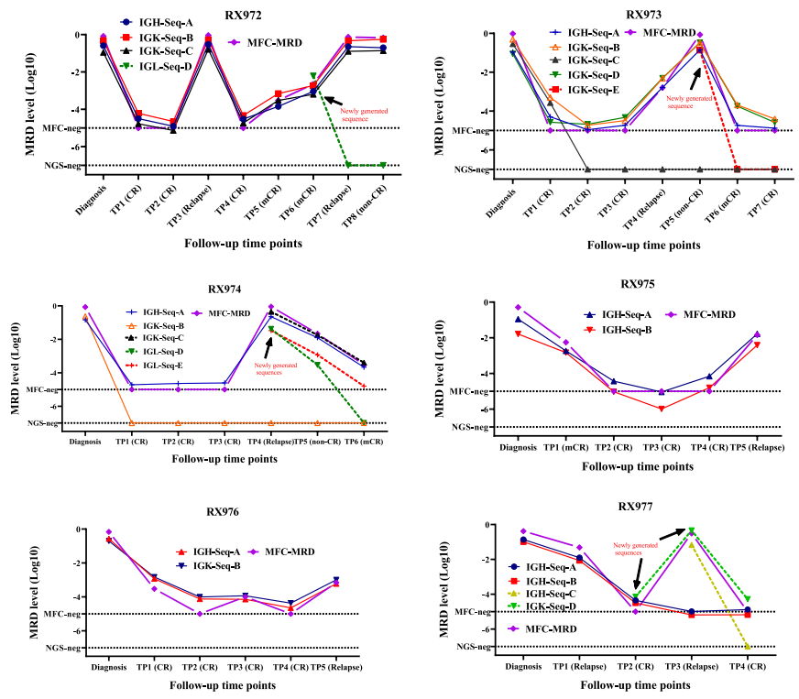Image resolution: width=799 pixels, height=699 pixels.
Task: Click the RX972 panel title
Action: click(244, 15)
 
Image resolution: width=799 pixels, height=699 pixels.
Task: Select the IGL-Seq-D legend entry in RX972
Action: click(158, 66)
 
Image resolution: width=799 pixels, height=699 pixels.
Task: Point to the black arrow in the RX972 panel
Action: click(333, 103)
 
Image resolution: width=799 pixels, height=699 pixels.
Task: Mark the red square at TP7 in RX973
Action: click(775, 169)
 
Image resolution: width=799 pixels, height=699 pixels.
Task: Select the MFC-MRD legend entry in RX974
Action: click(226, 313)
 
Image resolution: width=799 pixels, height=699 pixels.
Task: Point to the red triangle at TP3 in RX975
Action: click(661, 408)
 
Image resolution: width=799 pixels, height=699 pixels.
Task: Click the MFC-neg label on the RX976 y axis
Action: click(66, 614)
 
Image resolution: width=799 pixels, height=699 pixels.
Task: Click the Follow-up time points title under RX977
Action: click(637, 684)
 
